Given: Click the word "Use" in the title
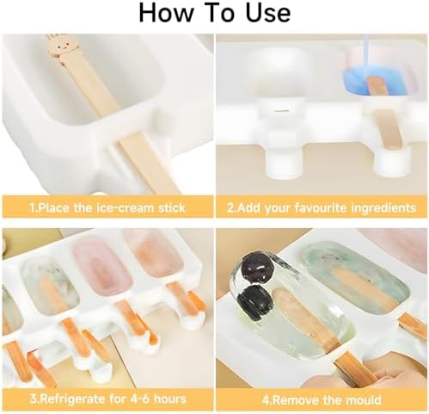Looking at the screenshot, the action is pyautogui.click(x=268, y=13).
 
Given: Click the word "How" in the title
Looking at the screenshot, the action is pyautogui.click(x=166, y=13).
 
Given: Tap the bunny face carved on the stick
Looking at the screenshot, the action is pyautogui.click(x=62, y=48).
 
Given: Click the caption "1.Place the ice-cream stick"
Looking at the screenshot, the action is pyautogui.click(x=107, y=207).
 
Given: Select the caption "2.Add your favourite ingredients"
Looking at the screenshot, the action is pyautogui.click(x=322, y=207).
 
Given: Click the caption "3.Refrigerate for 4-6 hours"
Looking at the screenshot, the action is pyautogui.click(x=107, y=399).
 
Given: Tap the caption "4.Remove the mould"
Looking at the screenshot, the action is pyautogui.click(x=322, y=400).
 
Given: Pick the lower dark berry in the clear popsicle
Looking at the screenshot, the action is pyautogui.click(x=254, y=300).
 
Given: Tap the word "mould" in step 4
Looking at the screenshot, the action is pyautogui.click(x=363, y=400).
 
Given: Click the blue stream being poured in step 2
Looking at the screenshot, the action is pyautogui.click(x=367, y=51).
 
